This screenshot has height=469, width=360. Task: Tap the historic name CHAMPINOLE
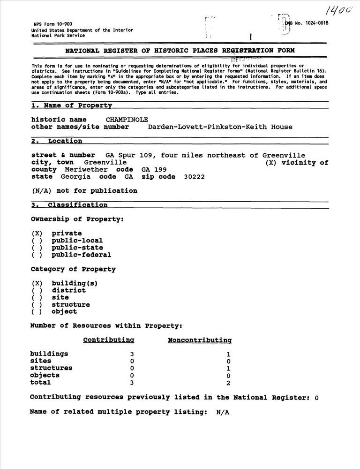tap(127, 120)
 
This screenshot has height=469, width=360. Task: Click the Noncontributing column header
tap(200, 340)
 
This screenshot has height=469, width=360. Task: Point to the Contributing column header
tap(108, 340)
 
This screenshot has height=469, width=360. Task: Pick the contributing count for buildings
tap(132, 354)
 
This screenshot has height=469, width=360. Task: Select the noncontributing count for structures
tap(228, 369)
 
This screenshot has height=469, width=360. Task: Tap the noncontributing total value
tap(228, 383)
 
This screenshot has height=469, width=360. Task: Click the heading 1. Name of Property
tap(72, 106)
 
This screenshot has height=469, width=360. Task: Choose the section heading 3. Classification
tap(69, 205)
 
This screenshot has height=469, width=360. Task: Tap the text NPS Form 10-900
tap(52, 24)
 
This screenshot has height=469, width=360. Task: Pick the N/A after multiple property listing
tap(223, 412)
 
